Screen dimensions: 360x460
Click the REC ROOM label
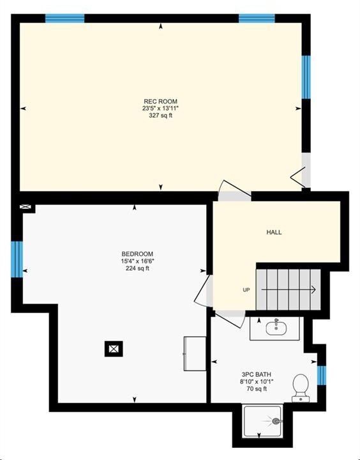point(160,102)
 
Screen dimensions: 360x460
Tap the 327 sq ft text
point(160,115)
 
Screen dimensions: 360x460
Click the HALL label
point(274,233)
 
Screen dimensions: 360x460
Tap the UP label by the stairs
point(246,290)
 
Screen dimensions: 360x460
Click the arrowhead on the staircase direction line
point(313,290)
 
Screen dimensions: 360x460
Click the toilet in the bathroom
point(301,388)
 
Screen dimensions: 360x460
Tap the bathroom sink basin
point(276,328)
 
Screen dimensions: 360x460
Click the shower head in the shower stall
point(276,421)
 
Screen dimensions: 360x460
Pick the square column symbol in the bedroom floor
point(114,349)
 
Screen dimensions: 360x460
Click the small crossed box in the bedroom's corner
point(25,207)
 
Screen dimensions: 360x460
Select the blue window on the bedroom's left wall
point(17,259)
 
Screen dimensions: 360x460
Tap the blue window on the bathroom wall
point(322,375)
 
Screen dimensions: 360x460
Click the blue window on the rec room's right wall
point(306,77)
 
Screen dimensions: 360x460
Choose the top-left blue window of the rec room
point(65,18)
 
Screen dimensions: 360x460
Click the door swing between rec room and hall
point(234,187)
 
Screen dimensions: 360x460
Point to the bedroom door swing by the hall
point(202,291)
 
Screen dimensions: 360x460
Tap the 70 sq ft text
point(257,389)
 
